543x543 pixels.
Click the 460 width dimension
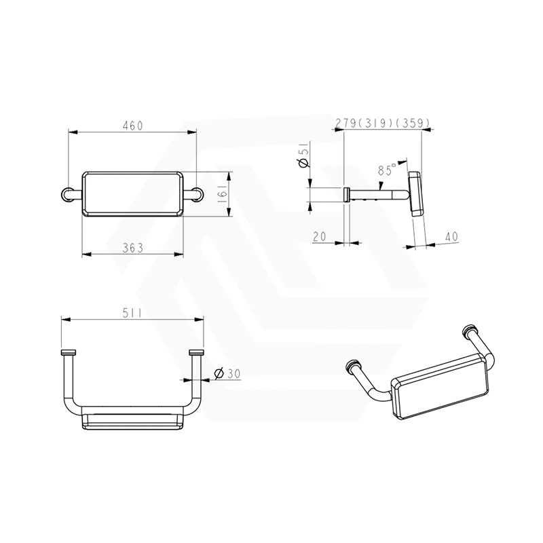[x=132, y=126]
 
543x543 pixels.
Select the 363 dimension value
[x=132, y=248]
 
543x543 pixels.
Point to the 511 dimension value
[x=132, y=313]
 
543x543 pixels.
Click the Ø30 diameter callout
[x=227, y=373]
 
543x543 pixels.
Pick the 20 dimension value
[x=319, y=236]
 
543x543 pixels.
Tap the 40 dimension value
[x=451, y=236]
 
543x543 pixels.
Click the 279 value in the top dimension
[x=345, y=123]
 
